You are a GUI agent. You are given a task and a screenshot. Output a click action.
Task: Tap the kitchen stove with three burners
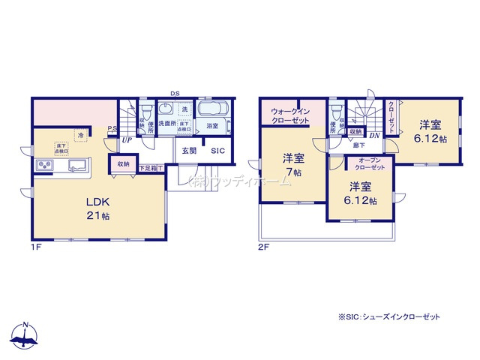click(x=43, y=166)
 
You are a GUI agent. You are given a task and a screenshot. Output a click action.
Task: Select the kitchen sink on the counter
click(x=78, y=166)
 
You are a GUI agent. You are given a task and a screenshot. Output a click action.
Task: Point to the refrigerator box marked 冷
click(x=80, y=135)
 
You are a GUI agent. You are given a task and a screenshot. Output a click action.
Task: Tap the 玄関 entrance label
click(x=188, y=151)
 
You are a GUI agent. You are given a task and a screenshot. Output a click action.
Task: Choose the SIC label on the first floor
click(x=217, y=151)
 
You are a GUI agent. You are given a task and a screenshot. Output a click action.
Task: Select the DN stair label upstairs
click(x=373, y=135)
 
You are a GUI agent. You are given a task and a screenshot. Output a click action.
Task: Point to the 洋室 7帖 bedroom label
click(x=293, y=165)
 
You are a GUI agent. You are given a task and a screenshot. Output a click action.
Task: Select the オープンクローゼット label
click(x=372, y=163)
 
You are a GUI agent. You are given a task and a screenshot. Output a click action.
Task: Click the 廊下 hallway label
click(x=359, y=145)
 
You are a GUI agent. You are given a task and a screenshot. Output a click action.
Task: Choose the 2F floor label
click(x=262, y=247)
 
